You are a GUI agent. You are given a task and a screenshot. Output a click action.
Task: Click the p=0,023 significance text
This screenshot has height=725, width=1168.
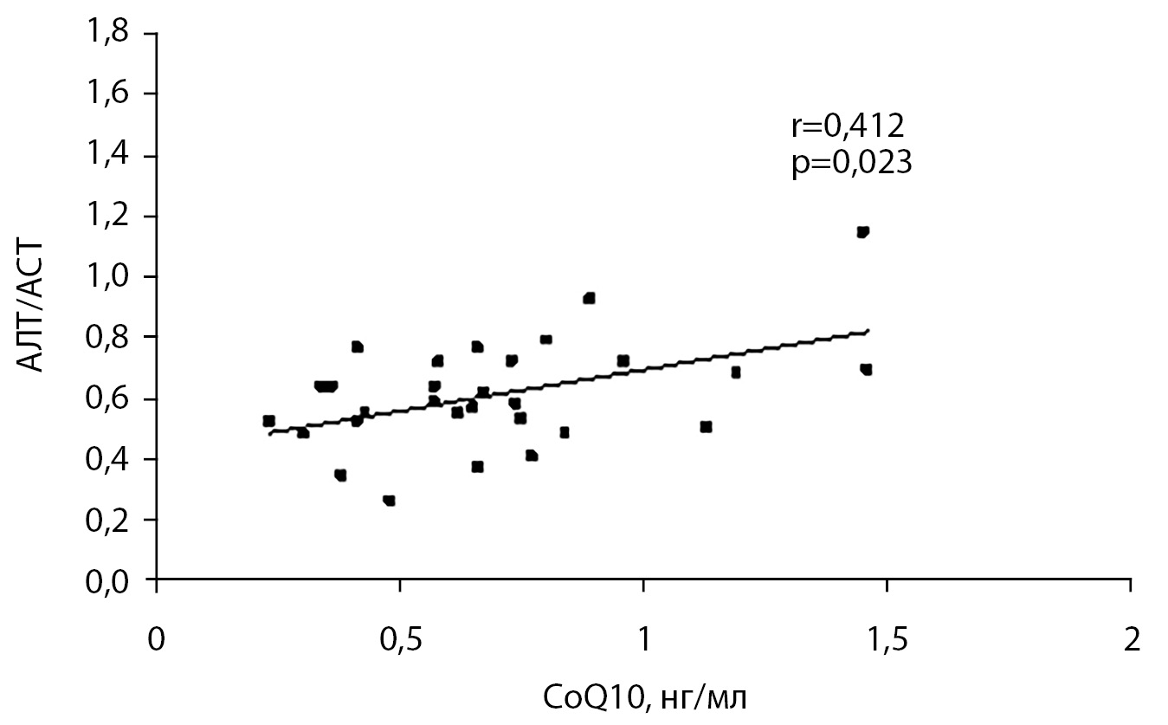coord(852,165)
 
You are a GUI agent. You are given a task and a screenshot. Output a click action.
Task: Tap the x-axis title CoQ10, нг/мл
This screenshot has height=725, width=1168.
coord(643,696)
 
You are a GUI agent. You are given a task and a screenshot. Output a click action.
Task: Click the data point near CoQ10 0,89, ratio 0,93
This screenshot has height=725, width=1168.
coord(590,298)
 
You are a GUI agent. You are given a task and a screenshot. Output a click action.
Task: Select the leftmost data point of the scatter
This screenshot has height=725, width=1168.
coord(268,421)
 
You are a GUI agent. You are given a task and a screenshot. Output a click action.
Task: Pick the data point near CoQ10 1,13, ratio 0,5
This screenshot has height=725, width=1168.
coord(706,426)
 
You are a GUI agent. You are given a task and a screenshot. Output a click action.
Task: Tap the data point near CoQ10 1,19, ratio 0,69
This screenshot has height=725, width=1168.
coord(736,372)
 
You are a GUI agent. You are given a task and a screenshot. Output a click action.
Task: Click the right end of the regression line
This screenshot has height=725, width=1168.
coord(868,330)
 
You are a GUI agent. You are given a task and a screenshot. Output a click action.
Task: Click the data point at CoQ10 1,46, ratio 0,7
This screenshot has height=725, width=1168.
coord(866,370)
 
